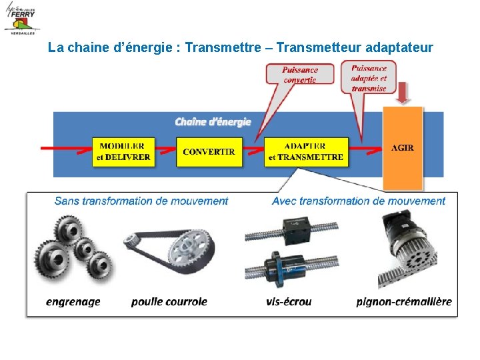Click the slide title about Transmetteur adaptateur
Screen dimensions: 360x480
[241, 48]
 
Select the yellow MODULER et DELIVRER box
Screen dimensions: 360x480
[124, 152]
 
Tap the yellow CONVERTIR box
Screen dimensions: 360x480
[208, 152]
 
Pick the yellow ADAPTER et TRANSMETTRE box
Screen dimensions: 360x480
[305, 152]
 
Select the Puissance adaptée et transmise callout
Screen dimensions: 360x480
[369, 77]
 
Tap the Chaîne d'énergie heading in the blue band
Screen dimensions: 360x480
[213, 121]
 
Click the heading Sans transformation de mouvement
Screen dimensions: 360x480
[141, 201]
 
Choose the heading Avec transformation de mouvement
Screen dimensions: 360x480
[359, 201]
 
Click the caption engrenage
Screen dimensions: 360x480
[73, 301]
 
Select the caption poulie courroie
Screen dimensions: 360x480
[169, 301]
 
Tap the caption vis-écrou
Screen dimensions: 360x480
[289, 301]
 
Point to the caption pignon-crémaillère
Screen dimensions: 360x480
[404, 301]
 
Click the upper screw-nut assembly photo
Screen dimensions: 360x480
[288, 231]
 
